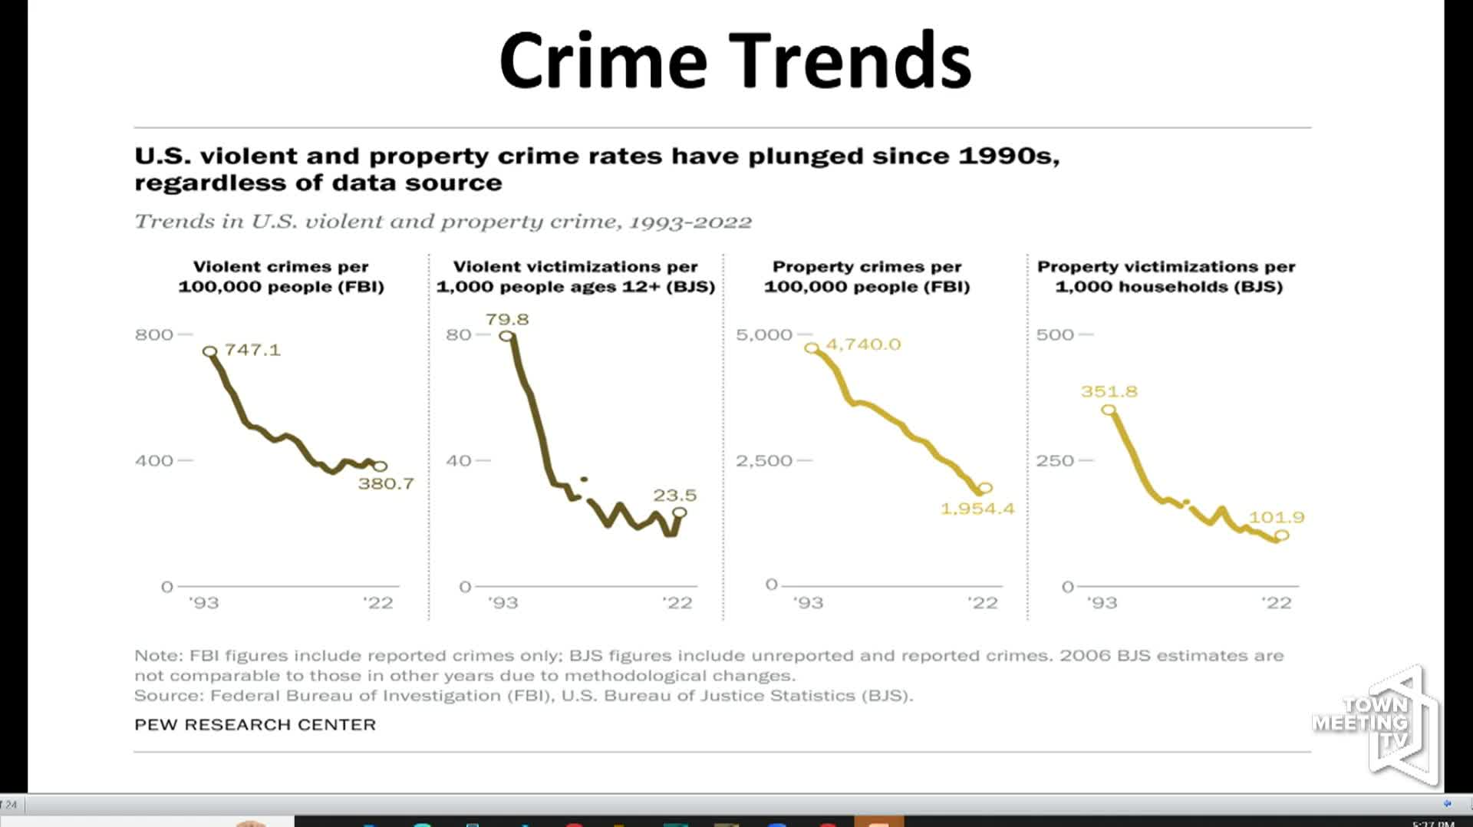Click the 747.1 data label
pos(252,350)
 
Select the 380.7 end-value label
pos(386,484)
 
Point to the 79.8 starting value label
pos(507,319)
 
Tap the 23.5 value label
pos(675,496)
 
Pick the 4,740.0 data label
pos(863,344)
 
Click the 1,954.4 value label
pos(977,509)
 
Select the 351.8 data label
pos(1109,391)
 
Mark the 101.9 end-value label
pos(1277,517)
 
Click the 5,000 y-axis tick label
pos(763,334)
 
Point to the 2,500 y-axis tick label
pos(763,460)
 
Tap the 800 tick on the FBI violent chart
pos(154,334)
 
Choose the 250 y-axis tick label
pos(1055,460)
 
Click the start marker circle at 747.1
pos(209,351)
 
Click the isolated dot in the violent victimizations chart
pos(585,479)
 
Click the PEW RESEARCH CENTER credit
pos(255,725)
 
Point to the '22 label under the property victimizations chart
pos(1277,603)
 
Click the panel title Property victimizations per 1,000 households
pos(1166,276)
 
